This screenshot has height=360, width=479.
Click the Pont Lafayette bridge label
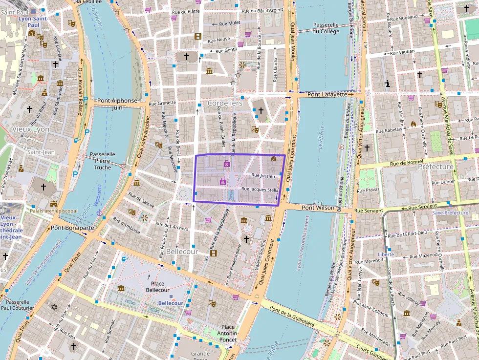[326, 94]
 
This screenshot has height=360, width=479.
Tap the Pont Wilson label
[318, 208]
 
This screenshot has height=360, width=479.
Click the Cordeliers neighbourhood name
[225, 104]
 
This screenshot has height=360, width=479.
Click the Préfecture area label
[435, 167]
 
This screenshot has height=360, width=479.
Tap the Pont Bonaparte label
[72, 228]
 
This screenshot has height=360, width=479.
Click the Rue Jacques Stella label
[260, 190]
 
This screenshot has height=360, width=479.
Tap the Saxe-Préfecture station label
[450, 213]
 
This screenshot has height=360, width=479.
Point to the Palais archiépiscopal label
[54, 211]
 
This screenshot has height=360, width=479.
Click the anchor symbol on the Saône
[100, 212]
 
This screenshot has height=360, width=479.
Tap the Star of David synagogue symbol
[54, 307]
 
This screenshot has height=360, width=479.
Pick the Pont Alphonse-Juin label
[117, 104]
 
